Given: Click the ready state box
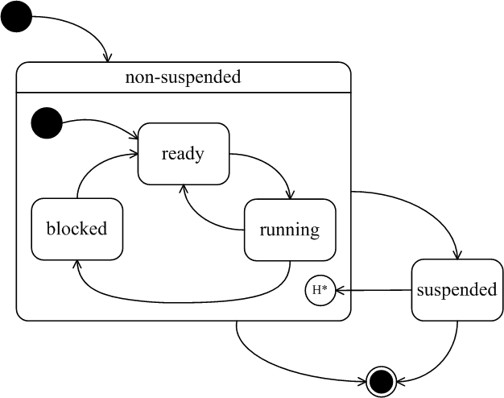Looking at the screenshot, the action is coord(184,154).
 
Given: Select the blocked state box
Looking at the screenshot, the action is coord(76,229).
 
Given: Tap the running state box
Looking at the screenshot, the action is coord(290,230).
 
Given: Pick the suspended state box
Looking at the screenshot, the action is coord(457,290).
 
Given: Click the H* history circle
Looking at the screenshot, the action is coord(320,290).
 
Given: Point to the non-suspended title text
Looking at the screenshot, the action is coord(183,77).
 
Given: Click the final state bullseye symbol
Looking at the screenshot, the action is coord(382,382).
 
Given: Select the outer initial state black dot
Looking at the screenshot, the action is coord(16,16).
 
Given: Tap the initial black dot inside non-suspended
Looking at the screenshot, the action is coord(47,123).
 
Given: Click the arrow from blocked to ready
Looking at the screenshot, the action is coord(93,164).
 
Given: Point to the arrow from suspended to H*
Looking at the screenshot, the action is coord(374,290).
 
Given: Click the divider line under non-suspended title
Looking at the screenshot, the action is coord(184,93).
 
